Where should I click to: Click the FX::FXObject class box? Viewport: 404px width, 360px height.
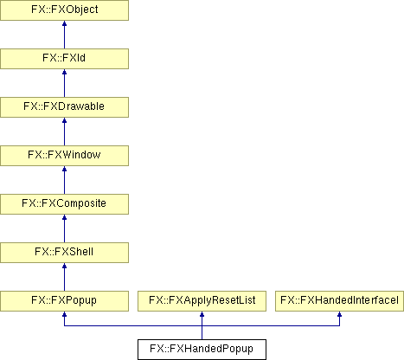tap(64, 10)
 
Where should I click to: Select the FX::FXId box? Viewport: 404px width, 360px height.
tap(64, 59)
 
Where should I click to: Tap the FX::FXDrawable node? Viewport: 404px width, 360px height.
tap(64, 107)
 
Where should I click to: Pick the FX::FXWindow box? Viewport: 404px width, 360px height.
tap(64, 156)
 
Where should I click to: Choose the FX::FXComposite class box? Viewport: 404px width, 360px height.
tap(64, 204)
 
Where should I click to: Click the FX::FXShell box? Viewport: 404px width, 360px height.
tap(64, 253)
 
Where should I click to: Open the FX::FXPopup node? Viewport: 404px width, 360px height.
tap(64, 301)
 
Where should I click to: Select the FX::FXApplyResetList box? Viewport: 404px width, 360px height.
tap(202, 301)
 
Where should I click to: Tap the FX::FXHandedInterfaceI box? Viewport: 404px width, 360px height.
tap(339, 301)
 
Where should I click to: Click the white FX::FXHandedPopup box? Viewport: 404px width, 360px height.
tap(202, 350)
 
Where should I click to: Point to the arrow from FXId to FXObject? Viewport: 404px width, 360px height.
tap(64, 35)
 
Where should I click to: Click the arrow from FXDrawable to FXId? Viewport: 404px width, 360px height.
tap(64, 83)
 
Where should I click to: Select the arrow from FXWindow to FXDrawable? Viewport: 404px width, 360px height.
tap(64, 132)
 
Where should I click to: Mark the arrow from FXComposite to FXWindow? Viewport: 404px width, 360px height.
tap(64, 180)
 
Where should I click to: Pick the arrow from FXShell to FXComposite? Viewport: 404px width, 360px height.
tap(64, 228)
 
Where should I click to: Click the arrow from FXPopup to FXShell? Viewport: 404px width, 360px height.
tap(64, 277)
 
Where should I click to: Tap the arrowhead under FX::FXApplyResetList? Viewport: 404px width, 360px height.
tap(202, 314)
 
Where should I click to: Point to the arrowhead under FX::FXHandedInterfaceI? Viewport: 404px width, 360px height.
tap(339, 314)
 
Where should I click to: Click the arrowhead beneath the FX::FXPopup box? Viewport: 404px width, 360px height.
tap(64, 314)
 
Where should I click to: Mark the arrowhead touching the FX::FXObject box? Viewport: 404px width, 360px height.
tap(64, 23)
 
